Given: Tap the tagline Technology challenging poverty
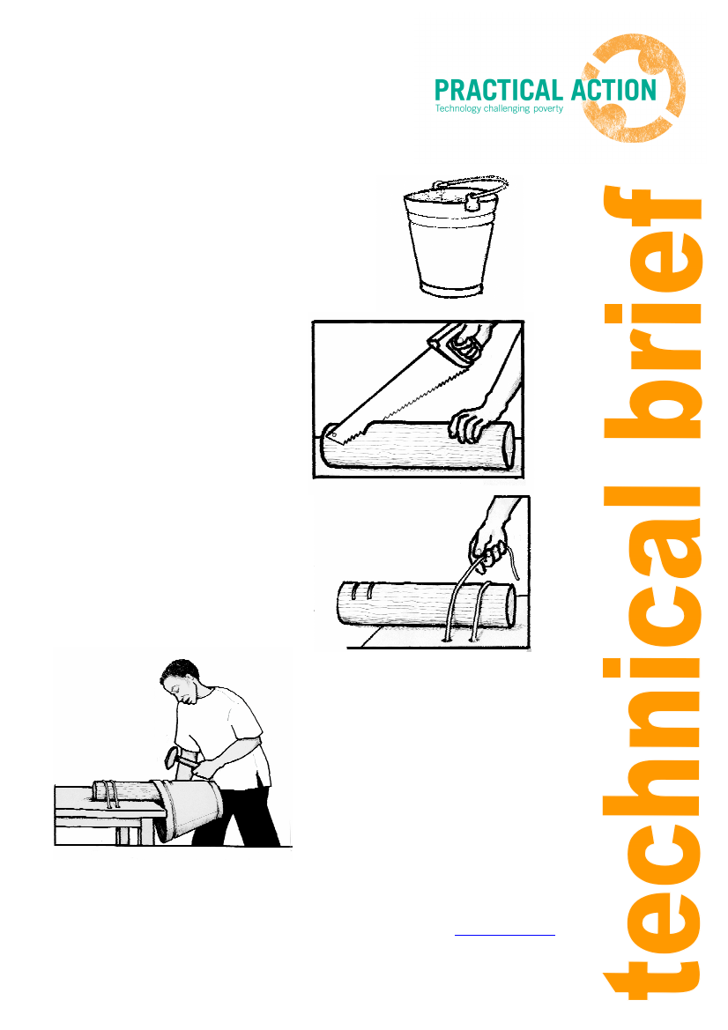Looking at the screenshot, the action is (500, 108).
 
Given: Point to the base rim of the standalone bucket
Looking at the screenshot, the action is (450, 290).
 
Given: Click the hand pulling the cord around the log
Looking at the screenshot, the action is (489, 545).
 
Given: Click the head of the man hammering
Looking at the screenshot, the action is (180, 680).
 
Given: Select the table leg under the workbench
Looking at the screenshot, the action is (129, 834).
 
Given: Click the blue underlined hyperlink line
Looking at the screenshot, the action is (505, 934).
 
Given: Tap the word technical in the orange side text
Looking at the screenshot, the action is (653, 743).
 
